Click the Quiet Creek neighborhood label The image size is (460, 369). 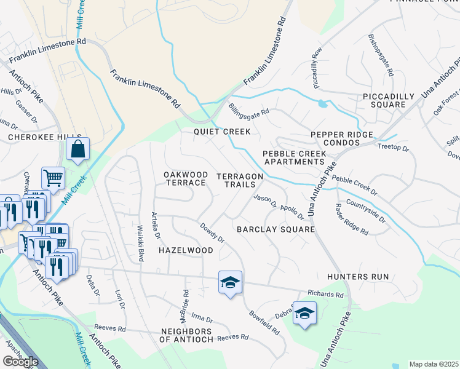point(222,132)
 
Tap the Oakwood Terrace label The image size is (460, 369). point(185,179)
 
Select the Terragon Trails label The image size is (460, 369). point(240,180)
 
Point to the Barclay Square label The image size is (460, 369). point(276,229)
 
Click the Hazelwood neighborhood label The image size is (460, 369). point(186,250)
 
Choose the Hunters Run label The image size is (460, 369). point(358,277)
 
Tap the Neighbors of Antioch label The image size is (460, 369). point(186,336)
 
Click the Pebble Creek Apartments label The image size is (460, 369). point(293,157)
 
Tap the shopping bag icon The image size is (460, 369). point(78,149)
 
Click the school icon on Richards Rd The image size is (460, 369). point(230,282)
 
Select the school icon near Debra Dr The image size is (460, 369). point(304,313)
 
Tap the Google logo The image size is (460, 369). point(20,362)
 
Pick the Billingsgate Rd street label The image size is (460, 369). point(249,112)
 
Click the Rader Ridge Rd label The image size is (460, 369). point(351,220)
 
